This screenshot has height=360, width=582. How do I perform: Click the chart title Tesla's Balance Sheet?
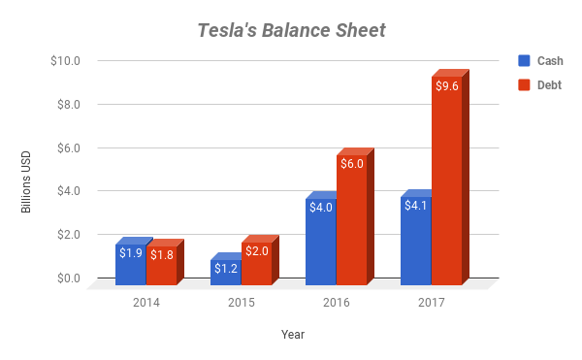[291, 30]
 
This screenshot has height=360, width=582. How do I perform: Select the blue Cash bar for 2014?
[131, 264]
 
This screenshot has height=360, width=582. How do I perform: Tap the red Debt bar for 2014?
[162, 265]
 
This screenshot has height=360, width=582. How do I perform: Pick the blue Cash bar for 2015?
[226, 272]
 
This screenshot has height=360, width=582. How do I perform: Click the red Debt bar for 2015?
[257, 263]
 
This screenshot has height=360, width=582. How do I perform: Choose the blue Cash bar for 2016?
[320, 243]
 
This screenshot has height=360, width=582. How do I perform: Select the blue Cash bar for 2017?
[415, 242]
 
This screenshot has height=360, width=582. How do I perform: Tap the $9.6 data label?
[447, 87]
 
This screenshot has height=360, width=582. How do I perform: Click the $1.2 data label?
[226, 268]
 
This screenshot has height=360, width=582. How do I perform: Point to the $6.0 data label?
[352, 164]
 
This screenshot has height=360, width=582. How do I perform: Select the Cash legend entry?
[539, 61]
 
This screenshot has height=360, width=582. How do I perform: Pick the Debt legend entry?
[539, 84]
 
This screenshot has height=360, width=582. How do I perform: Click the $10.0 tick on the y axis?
[64, 61]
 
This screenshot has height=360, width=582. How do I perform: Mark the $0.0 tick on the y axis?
[67, 278]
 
